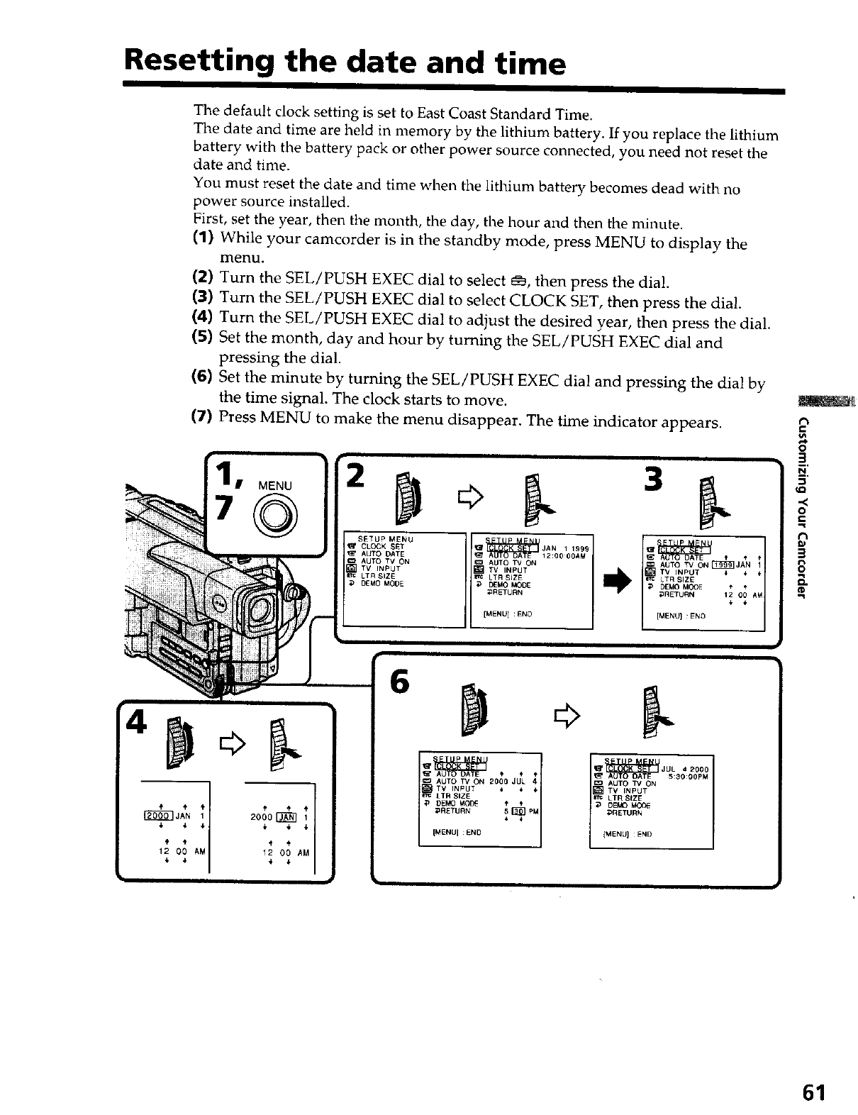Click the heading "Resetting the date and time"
pyautogui.click(x=345, y=63)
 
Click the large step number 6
pyautogui.click(x=400, y=684)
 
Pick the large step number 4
pyautogui.click(x=135, y=723)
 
